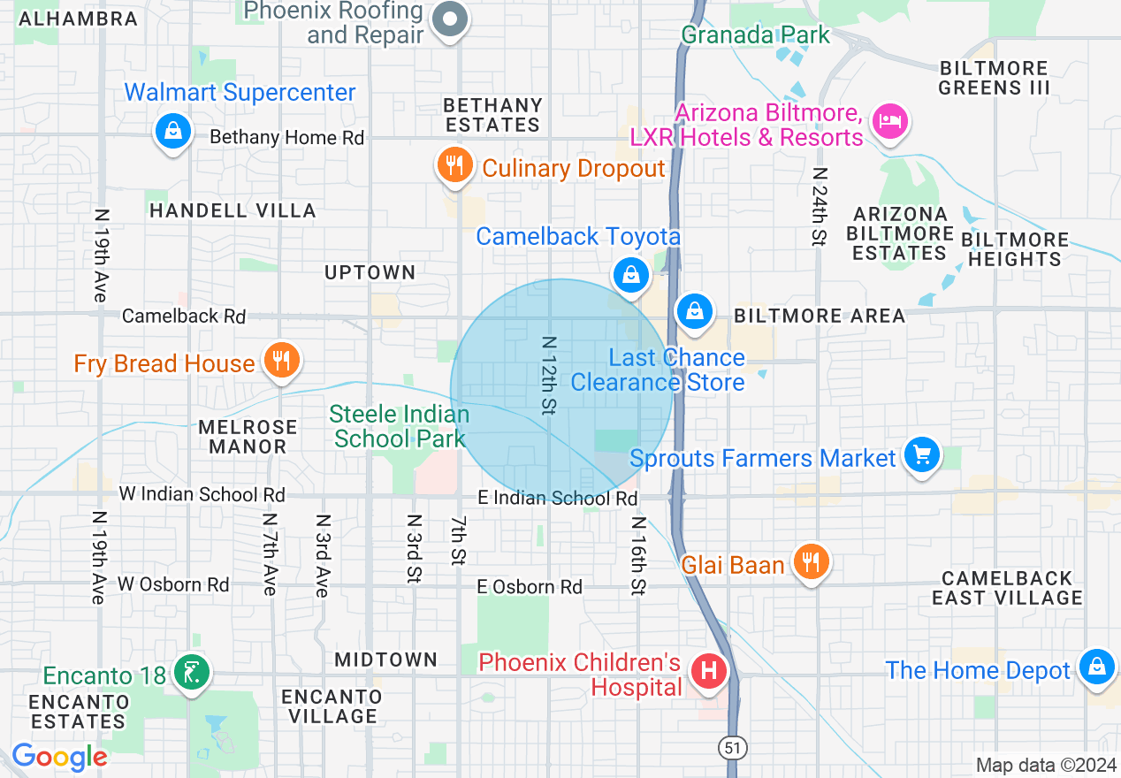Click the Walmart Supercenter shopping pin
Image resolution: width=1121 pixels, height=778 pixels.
tap(173, 132)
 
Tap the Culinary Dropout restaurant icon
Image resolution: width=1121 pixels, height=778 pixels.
tap(454, 165)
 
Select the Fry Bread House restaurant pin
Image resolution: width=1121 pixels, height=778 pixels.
tap(281, 361)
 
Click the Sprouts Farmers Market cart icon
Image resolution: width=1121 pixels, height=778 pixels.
tap(922, 455)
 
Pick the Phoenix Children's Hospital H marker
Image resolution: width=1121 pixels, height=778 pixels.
tap(708, 671)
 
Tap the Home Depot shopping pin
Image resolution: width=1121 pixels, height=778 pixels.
tap(1096, 667)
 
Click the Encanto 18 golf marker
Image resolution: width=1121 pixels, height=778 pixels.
tap(192, 673)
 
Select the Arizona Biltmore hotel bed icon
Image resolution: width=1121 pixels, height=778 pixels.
tap(888, 120)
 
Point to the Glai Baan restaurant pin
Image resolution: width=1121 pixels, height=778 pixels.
tap(810, 561)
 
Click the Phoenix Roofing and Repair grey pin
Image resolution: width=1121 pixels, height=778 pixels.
tap(451, 19)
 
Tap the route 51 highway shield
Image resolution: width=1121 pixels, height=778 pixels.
tap(732, 748)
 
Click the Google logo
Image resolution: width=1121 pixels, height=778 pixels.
tap(59, 757)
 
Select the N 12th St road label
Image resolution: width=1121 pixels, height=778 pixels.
tap(549, 375)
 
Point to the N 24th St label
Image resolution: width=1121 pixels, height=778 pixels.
tap(820, 207)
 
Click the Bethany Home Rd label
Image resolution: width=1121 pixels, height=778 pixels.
tap(286, 138)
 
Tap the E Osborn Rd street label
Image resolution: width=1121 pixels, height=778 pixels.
tap(530, 587)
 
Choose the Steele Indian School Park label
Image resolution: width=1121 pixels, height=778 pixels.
tap(400, 426)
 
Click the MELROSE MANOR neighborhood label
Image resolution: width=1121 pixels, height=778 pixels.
tap(248, 437)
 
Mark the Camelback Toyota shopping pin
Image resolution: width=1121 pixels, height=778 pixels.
tap(630, 273)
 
